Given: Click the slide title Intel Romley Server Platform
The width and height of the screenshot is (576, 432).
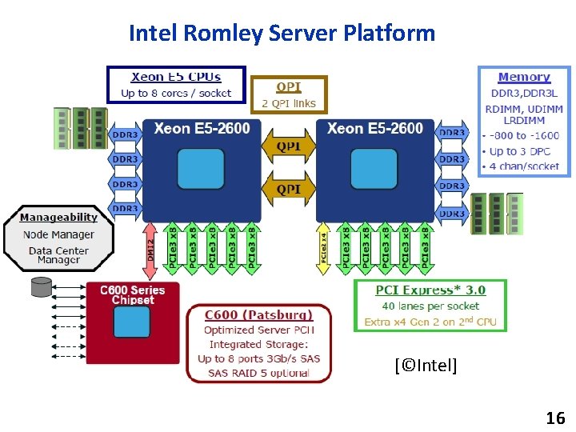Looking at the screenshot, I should point(282,34).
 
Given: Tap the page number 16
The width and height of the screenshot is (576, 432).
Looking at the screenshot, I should point(555,418).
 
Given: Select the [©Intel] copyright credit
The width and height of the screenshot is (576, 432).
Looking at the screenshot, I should point(426,366).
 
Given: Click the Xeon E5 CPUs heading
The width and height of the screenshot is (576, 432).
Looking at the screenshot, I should point(176,78).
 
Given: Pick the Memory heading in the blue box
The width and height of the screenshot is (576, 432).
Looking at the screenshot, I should point(524,78).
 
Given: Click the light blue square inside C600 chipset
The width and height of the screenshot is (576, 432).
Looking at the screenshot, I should point(131,322).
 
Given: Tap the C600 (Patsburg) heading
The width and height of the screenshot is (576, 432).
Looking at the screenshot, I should point(258,314).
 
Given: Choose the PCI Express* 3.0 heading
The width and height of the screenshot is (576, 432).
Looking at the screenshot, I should point(430,290).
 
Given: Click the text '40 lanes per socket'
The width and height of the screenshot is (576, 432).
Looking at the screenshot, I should point(430,306).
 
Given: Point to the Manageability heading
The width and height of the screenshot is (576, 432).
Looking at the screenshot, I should point(59,218).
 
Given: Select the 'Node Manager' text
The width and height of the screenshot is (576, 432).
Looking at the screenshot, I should point(59,234).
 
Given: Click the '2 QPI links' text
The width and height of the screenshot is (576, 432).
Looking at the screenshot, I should point(289,103).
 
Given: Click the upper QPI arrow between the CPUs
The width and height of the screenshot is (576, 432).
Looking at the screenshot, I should point(289,148).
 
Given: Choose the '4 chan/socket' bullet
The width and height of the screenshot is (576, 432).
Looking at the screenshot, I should point(524,166).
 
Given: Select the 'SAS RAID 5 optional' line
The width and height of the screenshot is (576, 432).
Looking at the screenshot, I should point(258,373).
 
